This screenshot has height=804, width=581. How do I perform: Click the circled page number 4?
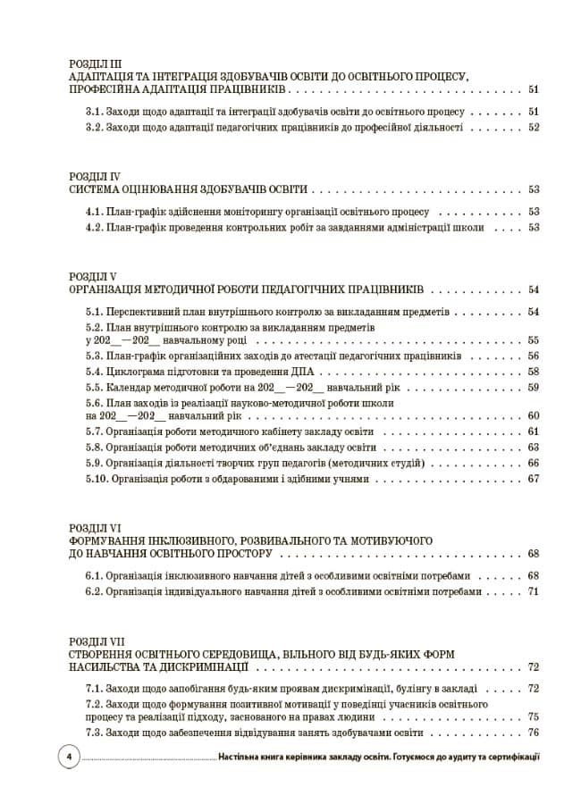(68, 757)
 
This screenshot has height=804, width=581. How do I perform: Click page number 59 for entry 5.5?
(534, 388)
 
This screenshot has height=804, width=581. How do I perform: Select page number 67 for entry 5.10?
(534, 479)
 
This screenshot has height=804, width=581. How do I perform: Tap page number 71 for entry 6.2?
(534, 591)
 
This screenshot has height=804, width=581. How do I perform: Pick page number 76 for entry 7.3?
(534, 733)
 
